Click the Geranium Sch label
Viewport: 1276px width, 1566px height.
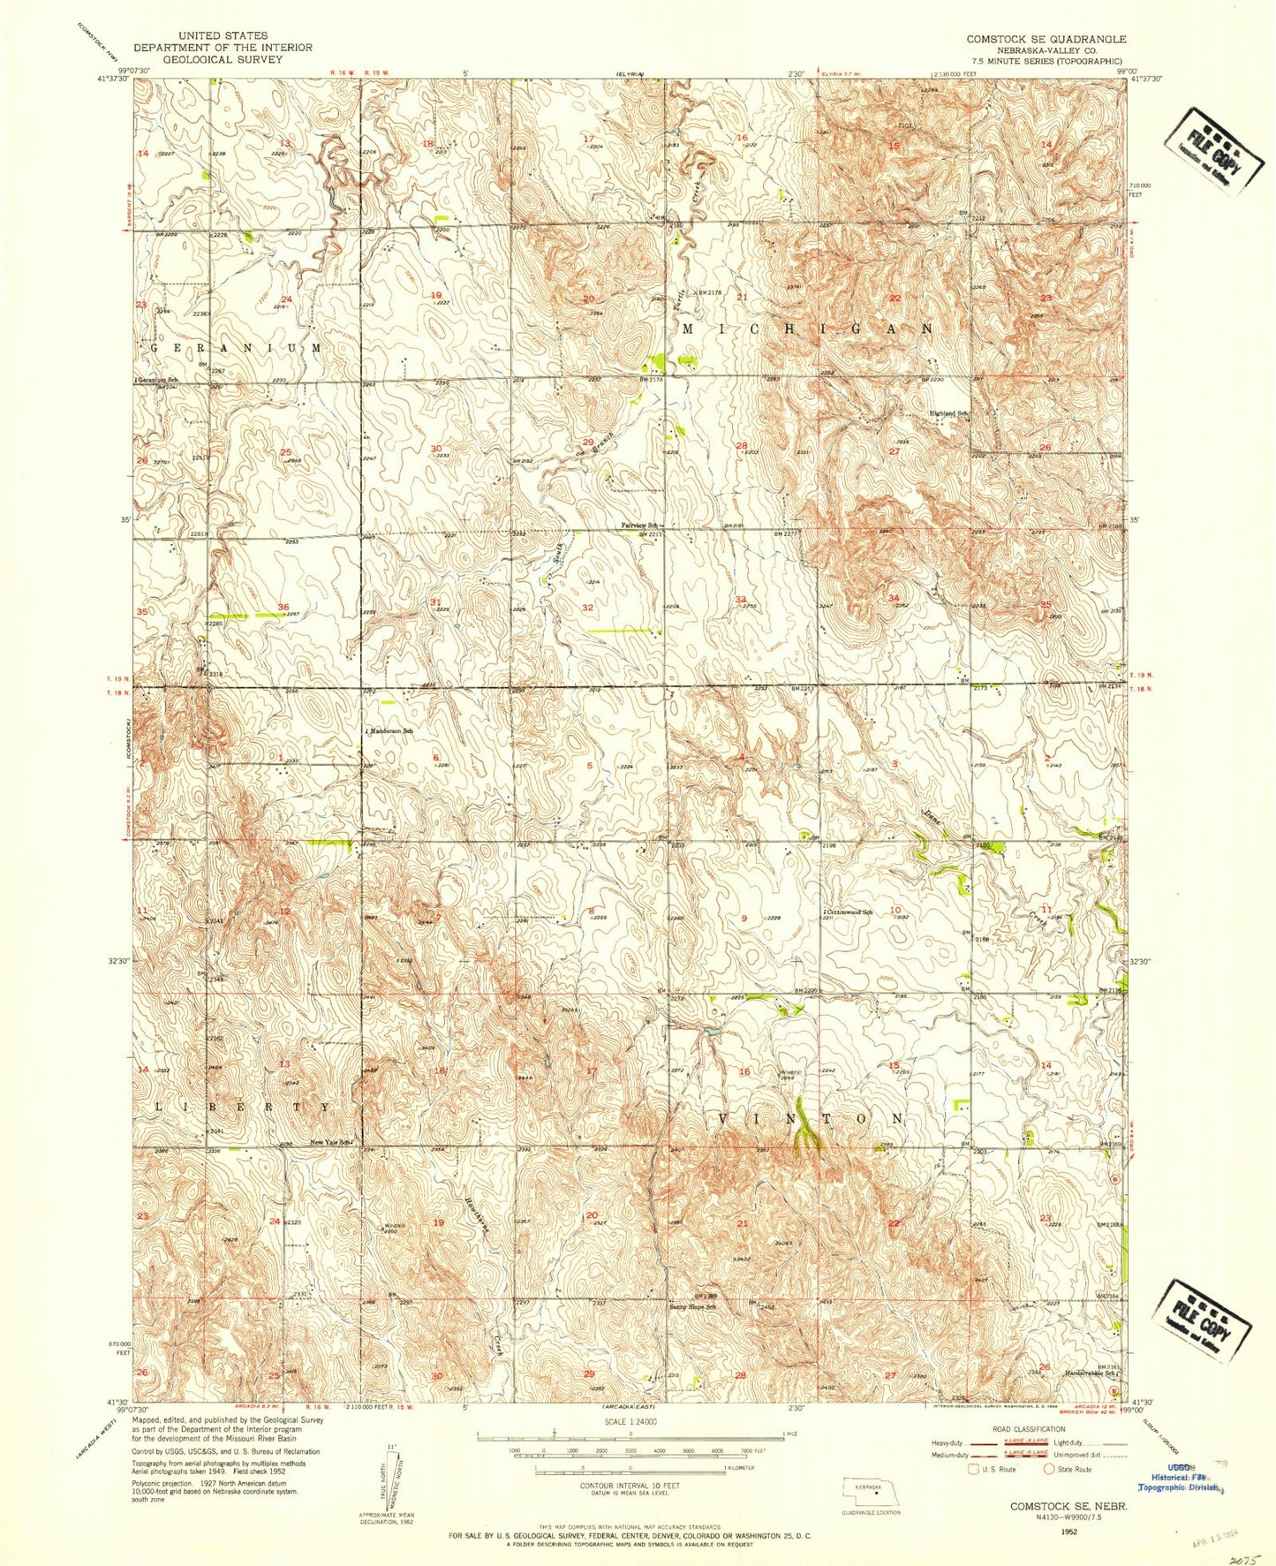(153, 380)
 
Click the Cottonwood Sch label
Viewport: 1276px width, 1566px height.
(849, 911)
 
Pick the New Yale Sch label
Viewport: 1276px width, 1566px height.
(331, 1142)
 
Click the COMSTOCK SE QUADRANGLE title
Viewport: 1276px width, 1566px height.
(1046, 39)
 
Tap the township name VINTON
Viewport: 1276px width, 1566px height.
(812, 1118)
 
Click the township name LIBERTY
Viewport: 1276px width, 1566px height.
(244, 1107)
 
